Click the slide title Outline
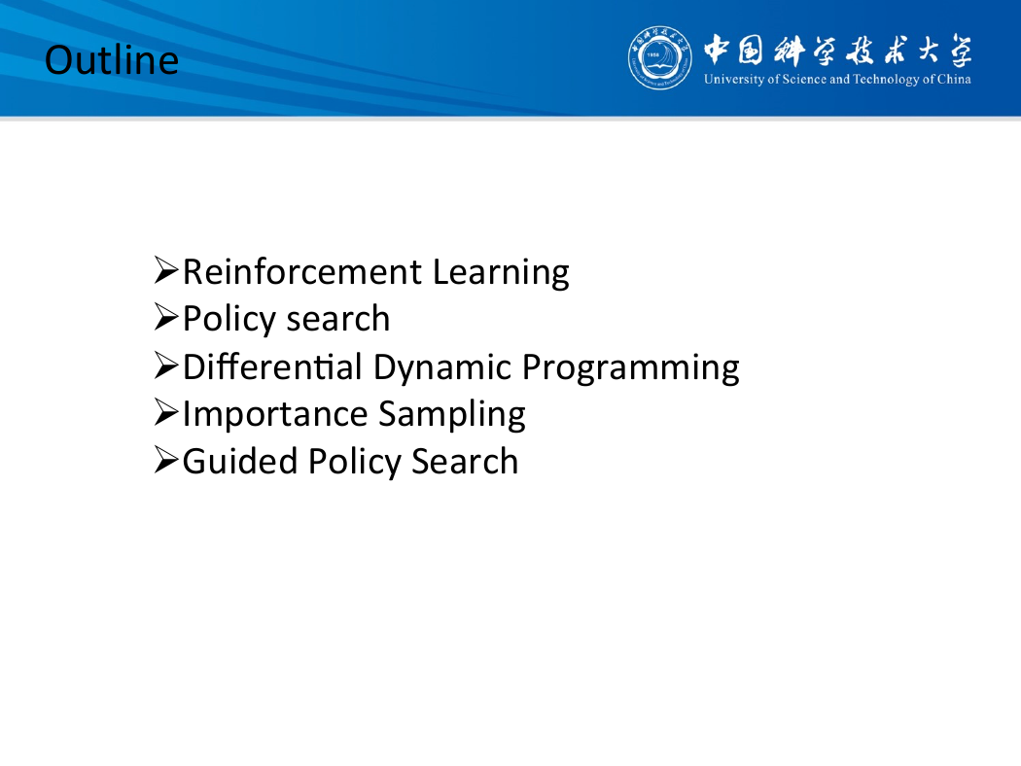click(x=112, y=60)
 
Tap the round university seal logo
click(x=659, y=58)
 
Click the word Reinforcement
click(x=302, y=271)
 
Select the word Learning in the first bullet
click(x=501, y=273)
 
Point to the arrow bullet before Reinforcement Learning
click(x=166, y=269)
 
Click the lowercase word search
click(x=338, y=319)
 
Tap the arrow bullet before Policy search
click(x=166, y=317)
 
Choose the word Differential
click(x=272, y=366)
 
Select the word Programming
click(x=630, y=368)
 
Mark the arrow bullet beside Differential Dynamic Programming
click(x=166, y=365)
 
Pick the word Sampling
click(x=452, y=415)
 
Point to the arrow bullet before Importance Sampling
click(x=166, y=412)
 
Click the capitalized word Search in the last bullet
click(x=465, y=462)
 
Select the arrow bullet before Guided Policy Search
click(x=166, y=460)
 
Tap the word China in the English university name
click(x=954, y=79)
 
